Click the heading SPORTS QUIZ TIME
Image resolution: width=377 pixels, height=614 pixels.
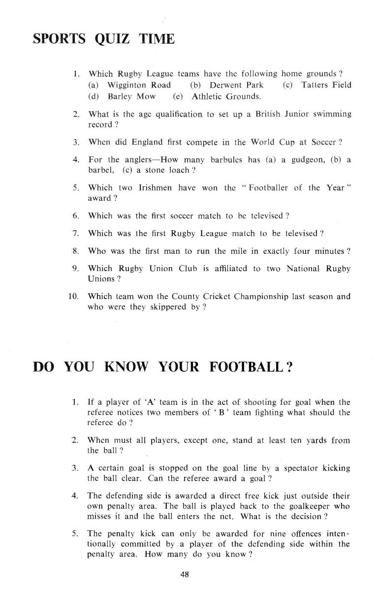tap(103, 39)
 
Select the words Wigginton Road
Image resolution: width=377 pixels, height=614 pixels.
tap(139, 85)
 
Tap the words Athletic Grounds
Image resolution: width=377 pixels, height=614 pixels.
tap(226, 96)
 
